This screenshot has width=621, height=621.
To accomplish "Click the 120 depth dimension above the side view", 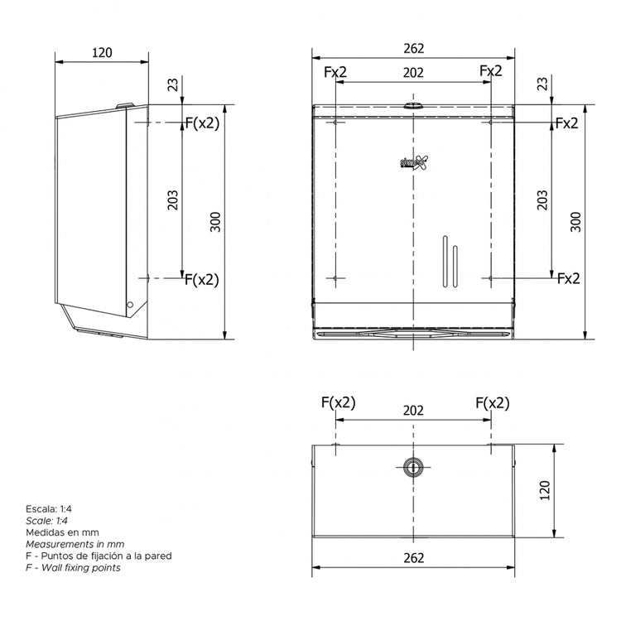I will [101, 52].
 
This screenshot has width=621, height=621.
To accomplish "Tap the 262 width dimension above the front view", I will [413, 48].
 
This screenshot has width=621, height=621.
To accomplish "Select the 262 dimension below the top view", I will [413, 558].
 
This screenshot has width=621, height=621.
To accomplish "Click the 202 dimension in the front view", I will [413, 73].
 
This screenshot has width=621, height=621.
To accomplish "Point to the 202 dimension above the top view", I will [413, 411].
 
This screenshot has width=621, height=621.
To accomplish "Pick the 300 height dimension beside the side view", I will [215, 222].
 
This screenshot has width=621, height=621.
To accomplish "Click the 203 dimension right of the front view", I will [542, 200].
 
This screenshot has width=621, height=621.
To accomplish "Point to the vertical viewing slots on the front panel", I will [450, 261].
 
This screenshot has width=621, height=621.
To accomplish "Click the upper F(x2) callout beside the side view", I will [201, 123].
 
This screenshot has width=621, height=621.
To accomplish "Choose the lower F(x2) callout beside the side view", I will [201, 279].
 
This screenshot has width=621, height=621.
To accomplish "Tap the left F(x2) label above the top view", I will [338, 403].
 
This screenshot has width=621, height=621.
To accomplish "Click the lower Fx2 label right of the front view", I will [568, 278].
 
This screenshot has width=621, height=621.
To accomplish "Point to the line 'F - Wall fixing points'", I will [73, 568].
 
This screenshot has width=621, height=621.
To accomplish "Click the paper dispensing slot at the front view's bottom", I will [413, 332].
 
